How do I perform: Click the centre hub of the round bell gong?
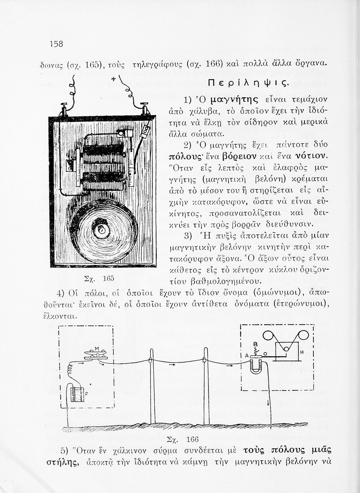[x=102, y=231]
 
